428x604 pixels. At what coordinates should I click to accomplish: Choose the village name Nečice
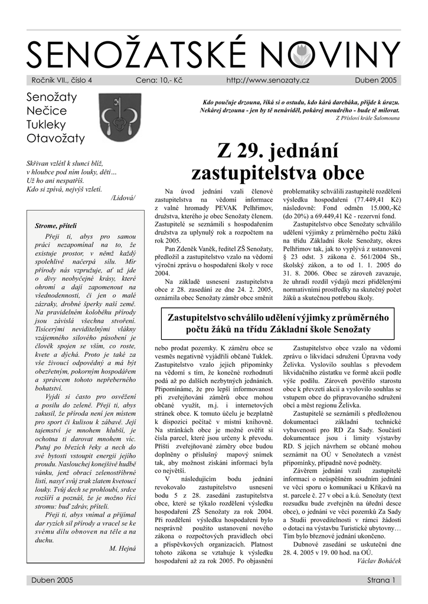pyautogui.click(x=47, y=111)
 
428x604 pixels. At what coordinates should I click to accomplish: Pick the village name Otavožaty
pyautogui.click(x=56, y=139)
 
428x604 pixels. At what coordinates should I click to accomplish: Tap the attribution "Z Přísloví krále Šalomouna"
pyautogui.click(x=367, y=118)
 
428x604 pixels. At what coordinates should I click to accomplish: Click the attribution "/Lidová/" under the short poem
pyautogui.click(x=123, y=198)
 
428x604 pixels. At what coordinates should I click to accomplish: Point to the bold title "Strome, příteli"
pyautogui.click(x=56, y=226)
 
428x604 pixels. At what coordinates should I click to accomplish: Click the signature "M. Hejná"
pyautogui.click(x=122, y=548)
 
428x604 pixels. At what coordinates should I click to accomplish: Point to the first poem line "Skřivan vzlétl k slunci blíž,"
pyautogui.click(x=65, y=163)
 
